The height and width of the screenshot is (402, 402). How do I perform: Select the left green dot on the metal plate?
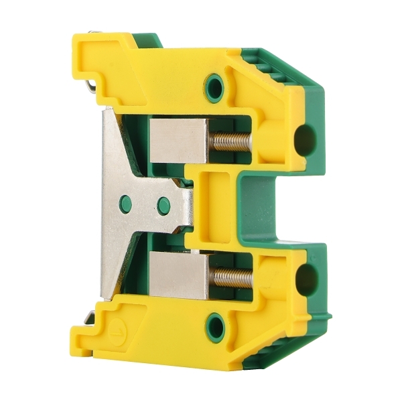coord(124,204)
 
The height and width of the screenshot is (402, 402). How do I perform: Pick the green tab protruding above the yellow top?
coord(147,40)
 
